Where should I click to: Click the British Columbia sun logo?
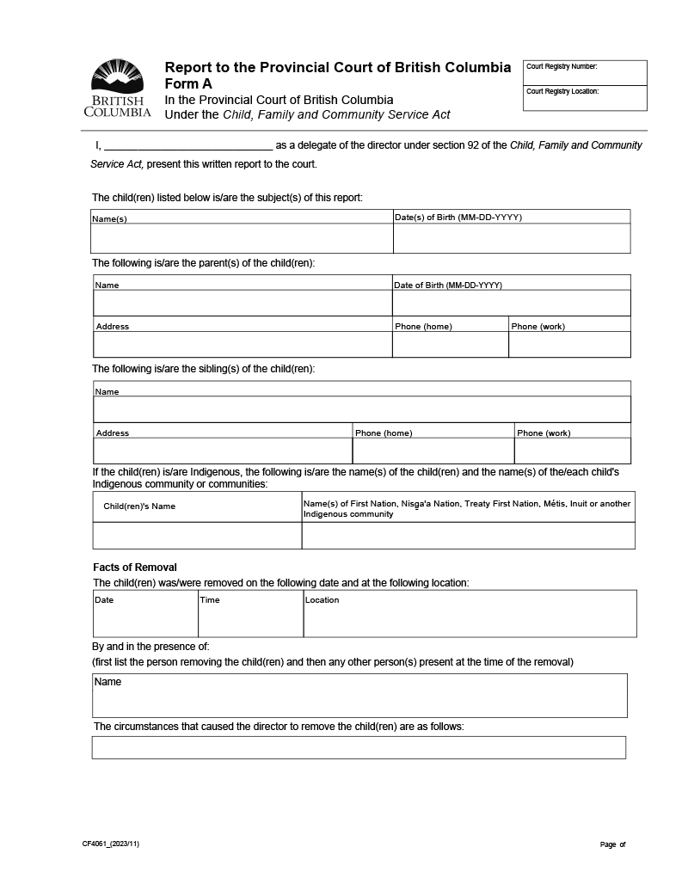point(117,77)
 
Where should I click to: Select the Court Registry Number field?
point(585,74)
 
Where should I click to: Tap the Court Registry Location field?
point(585,99)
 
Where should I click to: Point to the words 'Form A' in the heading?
point(188,83)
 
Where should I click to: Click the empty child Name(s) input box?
point(242,238)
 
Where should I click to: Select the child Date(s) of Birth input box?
point(512,238)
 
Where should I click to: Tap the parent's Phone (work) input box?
point(569,344)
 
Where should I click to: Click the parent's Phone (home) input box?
point(450,344)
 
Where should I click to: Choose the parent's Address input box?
point(243,344)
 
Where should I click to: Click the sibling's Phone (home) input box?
point(433,451)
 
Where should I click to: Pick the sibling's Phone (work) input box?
point(573,451)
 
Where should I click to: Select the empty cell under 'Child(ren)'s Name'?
point(197,535)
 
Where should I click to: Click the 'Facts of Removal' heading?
point(135,568)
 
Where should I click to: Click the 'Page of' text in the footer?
point(613,844)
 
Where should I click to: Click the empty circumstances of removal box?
point(359,747)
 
